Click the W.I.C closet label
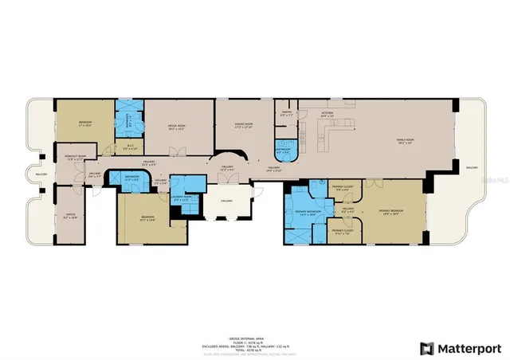(x=130, y=147)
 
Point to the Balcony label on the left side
(x=40, y=174)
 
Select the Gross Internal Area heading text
(x=255, y=315)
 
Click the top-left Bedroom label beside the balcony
(x=85, y=123)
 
